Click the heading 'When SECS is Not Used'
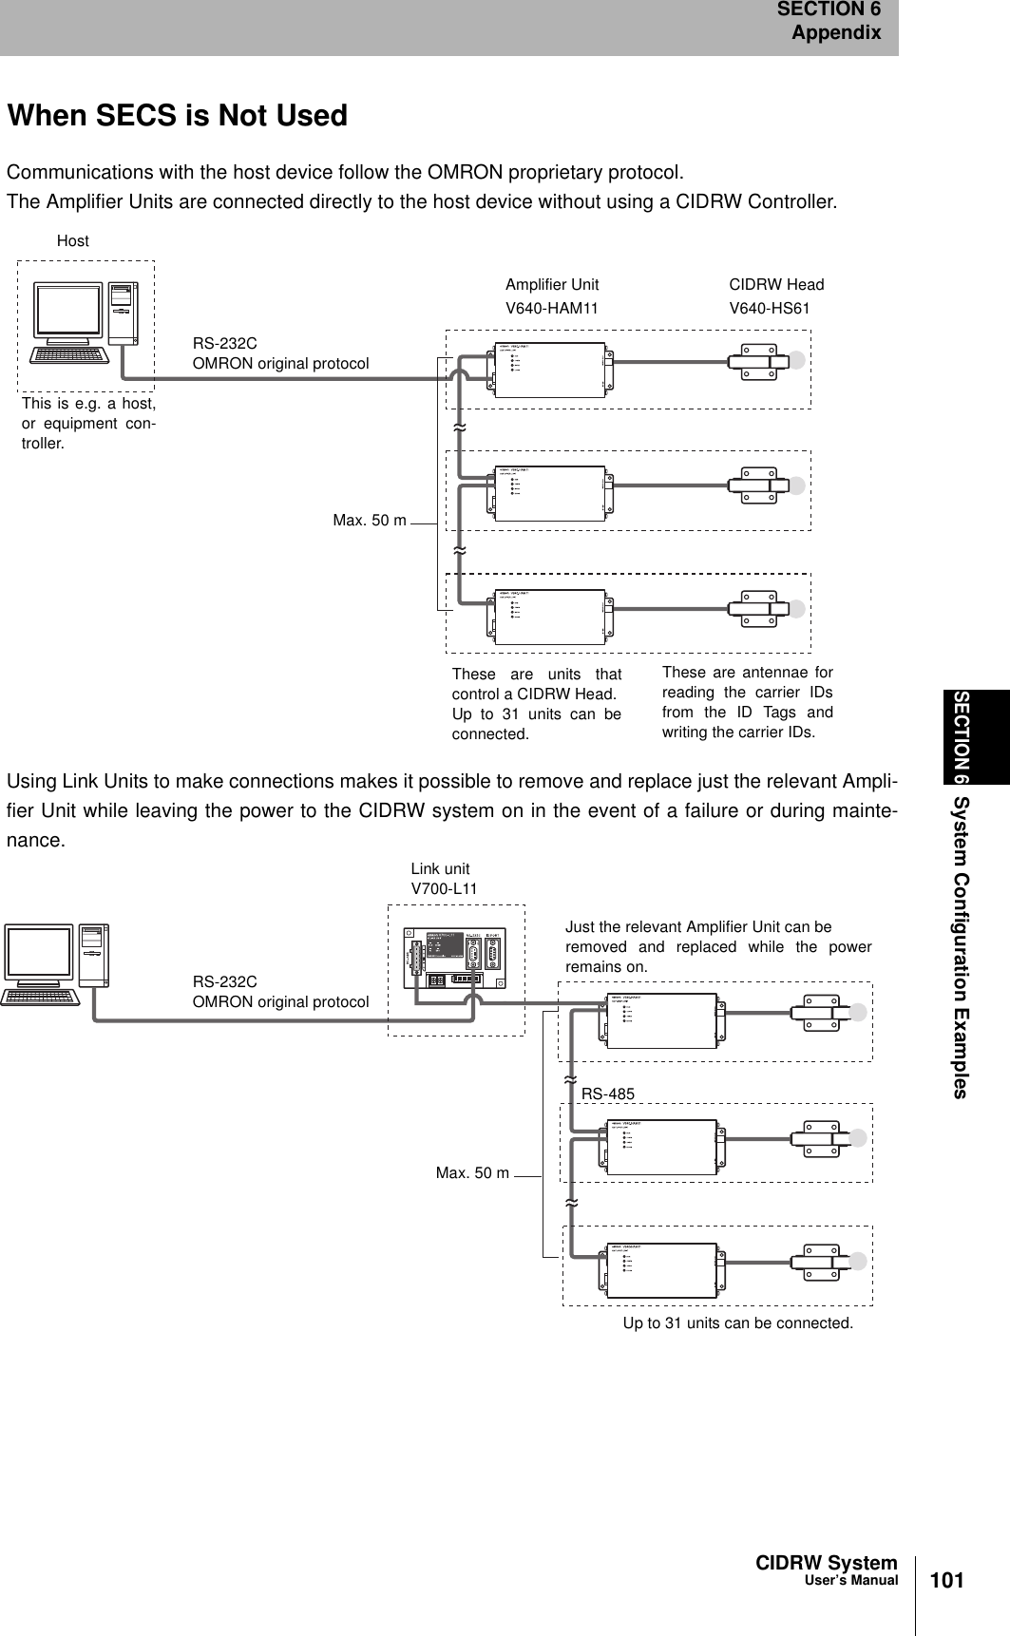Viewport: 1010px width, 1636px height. (178, 116)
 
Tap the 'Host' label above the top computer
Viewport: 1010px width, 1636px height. (73, 241)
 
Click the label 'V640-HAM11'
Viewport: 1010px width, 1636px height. (552, 308)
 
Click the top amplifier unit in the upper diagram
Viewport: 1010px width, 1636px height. (551, 366)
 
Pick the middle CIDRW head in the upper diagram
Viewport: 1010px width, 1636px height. (760, 485)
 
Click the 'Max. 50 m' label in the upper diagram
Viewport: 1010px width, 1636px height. (370, 521)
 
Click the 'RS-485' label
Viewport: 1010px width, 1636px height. (608, 1094)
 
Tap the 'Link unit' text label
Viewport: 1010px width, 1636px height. (440, 868)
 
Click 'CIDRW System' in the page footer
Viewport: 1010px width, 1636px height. (826, 1563)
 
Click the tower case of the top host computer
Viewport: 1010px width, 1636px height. (123, 313)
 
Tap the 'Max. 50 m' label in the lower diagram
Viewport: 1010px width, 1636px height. (472, 1173)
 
